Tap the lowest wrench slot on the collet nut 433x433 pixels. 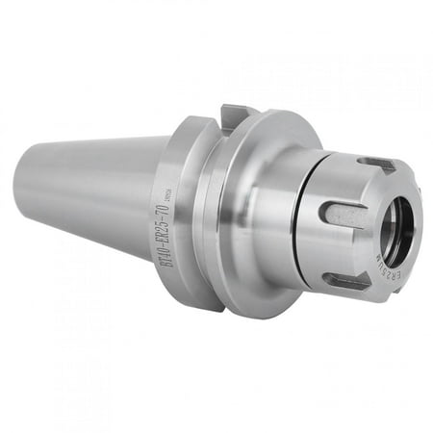click(348, 280)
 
